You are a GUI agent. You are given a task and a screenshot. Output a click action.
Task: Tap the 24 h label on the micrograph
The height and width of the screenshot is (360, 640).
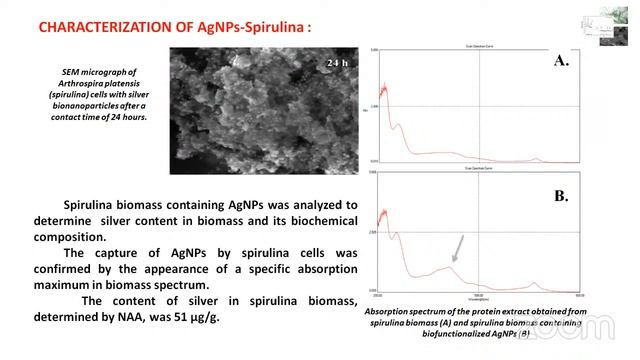(336, 64)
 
